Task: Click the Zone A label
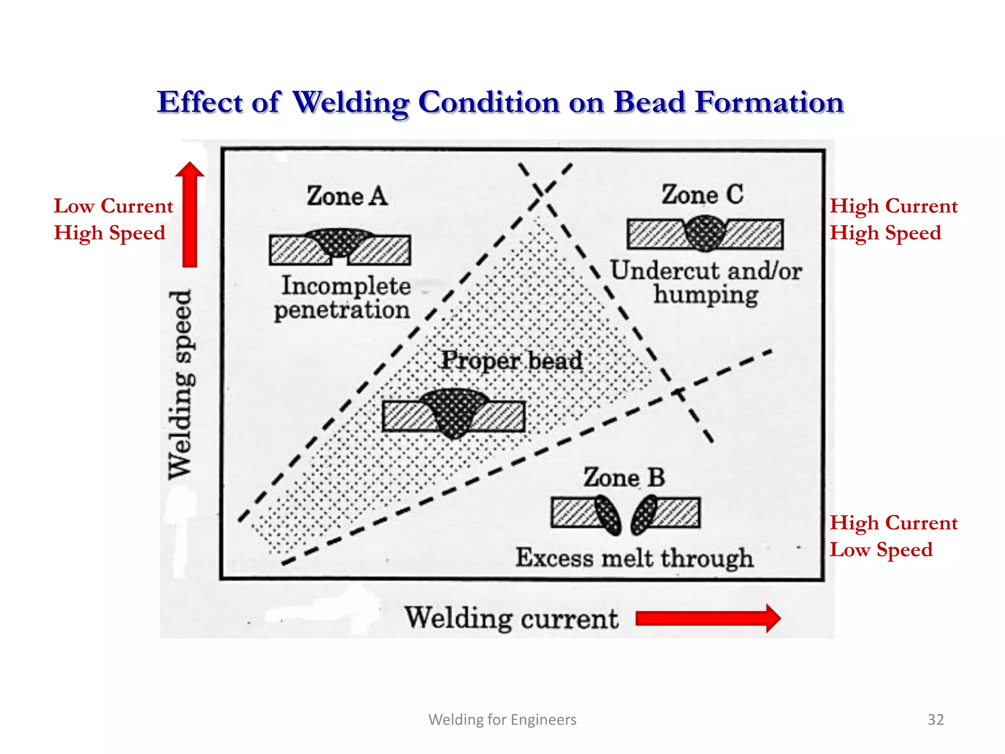point(347,196)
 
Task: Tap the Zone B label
point(624,478)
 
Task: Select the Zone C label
point(702,194)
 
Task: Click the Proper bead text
point(512,361)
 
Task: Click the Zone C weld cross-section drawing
point(705,234)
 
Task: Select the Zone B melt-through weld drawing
point(626,514)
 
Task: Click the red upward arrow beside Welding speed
point(190,215)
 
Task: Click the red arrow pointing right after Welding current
point(707,618)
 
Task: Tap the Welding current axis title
point(511,618)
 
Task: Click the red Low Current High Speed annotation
point(113,219)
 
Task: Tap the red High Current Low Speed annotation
point(893,536)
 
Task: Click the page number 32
point(935,719)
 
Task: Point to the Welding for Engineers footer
point(502,719)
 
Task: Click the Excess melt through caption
point(634,558)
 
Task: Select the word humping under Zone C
point(706,296)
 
